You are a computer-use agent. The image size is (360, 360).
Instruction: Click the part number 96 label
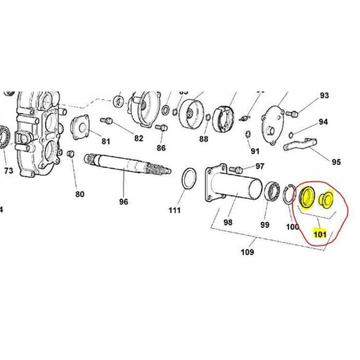tap(124, 201)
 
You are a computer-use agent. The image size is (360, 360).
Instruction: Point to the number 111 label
tap(174, 209)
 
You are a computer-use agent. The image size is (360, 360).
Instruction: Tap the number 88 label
tap(204, 139)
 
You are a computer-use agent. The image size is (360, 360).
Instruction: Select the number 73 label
tap(8, 170)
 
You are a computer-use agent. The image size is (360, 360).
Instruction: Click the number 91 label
tap(255, 150)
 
